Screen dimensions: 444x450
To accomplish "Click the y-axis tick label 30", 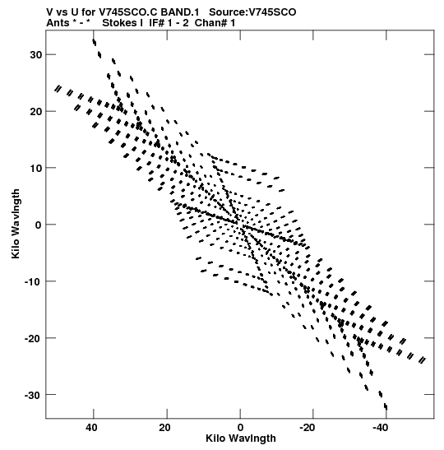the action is coord(36,54).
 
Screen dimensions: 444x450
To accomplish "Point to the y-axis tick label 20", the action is coord(36,111).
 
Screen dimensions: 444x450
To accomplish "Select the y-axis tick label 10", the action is coord(36,168).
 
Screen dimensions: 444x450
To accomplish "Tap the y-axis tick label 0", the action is coord(39,225).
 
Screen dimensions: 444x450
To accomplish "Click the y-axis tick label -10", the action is coord(34,281).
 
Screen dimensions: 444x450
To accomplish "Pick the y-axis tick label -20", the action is coord(34,338).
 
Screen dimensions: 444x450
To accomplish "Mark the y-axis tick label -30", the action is coord(34,395).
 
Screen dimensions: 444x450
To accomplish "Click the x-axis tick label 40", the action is coord(91,428).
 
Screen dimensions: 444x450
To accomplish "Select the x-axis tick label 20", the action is coord(165,428).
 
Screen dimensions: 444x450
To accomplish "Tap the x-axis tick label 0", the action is coord(240,428).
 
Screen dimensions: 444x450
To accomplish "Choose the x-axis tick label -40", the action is coord(381,428).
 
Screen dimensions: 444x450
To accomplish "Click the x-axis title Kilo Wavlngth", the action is coord(241,438).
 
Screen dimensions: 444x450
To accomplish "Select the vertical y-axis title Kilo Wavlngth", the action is coord(16,224).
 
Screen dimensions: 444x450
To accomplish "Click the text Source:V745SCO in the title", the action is coord(252,12).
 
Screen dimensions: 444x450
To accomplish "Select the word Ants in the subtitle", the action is coord(58,23).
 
